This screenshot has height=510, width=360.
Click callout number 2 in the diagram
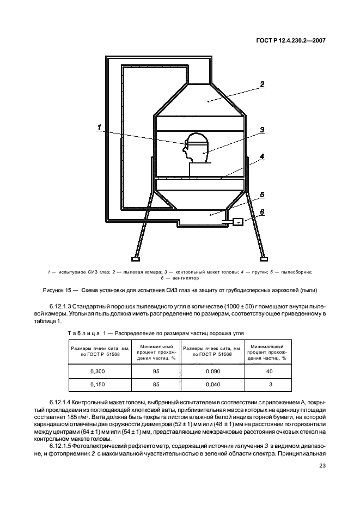[262, 84]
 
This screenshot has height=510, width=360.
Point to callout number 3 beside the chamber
[262, 130]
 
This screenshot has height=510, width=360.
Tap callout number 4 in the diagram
[262, 156]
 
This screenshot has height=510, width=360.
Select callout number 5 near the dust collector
[262, 194]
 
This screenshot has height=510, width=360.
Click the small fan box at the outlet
[237, 222]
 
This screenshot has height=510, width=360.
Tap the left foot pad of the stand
[135, 257]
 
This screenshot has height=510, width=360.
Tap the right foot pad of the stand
[264, 257]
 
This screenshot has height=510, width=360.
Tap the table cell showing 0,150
[96, 385]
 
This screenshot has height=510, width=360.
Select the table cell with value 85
[157, 385]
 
